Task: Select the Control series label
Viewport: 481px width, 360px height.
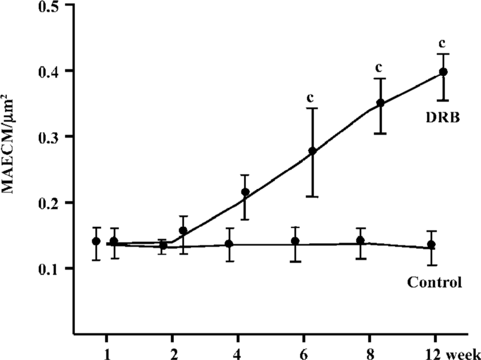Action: pos(434,282)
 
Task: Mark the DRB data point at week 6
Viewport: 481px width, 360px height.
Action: pos(312,151)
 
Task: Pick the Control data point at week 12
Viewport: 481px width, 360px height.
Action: pos(431,245)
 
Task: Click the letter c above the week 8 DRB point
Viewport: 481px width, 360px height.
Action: pos(378,67)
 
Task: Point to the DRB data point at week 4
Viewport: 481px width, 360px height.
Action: pos(246,192)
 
